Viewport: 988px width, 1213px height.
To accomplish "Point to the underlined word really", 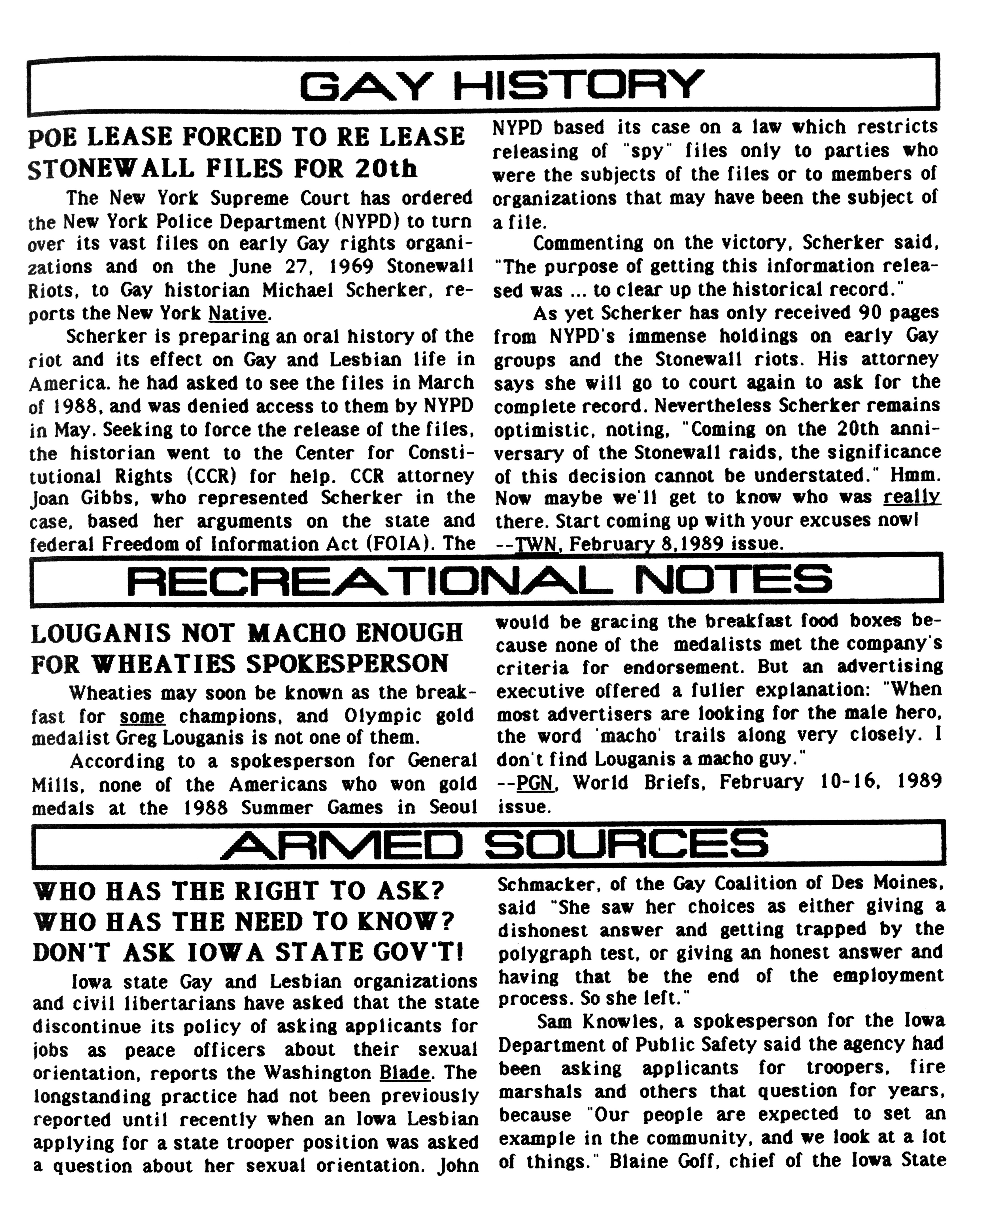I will point(912,497).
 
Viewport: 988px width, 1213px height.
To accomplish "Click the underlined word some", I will point(142,716).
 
